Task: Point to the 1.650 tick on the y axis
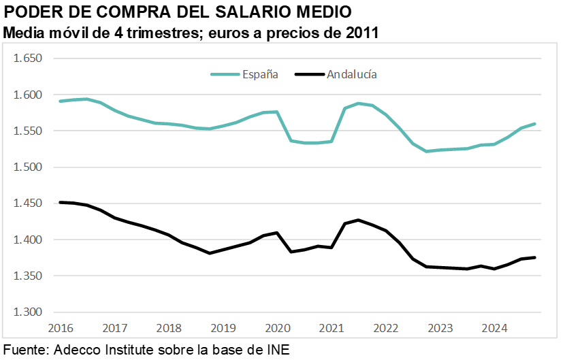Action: [x=28, y=59]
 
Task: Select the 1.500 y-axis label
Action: [x=28, y=167]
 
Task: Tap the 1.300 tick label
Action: [x=28, y=312]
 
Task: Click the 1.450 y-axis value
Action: [x=28, y=203]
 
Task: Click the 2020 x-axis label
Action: [x=277, y=327]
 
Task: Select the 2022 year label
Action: [x=386, y=327]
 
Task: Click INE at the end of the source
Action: [x=277, y=350]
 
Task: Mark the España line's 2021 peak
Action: [x=358, y=103]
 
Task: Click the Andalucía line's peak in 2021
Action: [x=358, y=220]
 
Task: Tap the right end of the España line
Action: [x=534, y=124]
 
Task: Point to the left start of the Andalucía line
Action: [x=61, y=202]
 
